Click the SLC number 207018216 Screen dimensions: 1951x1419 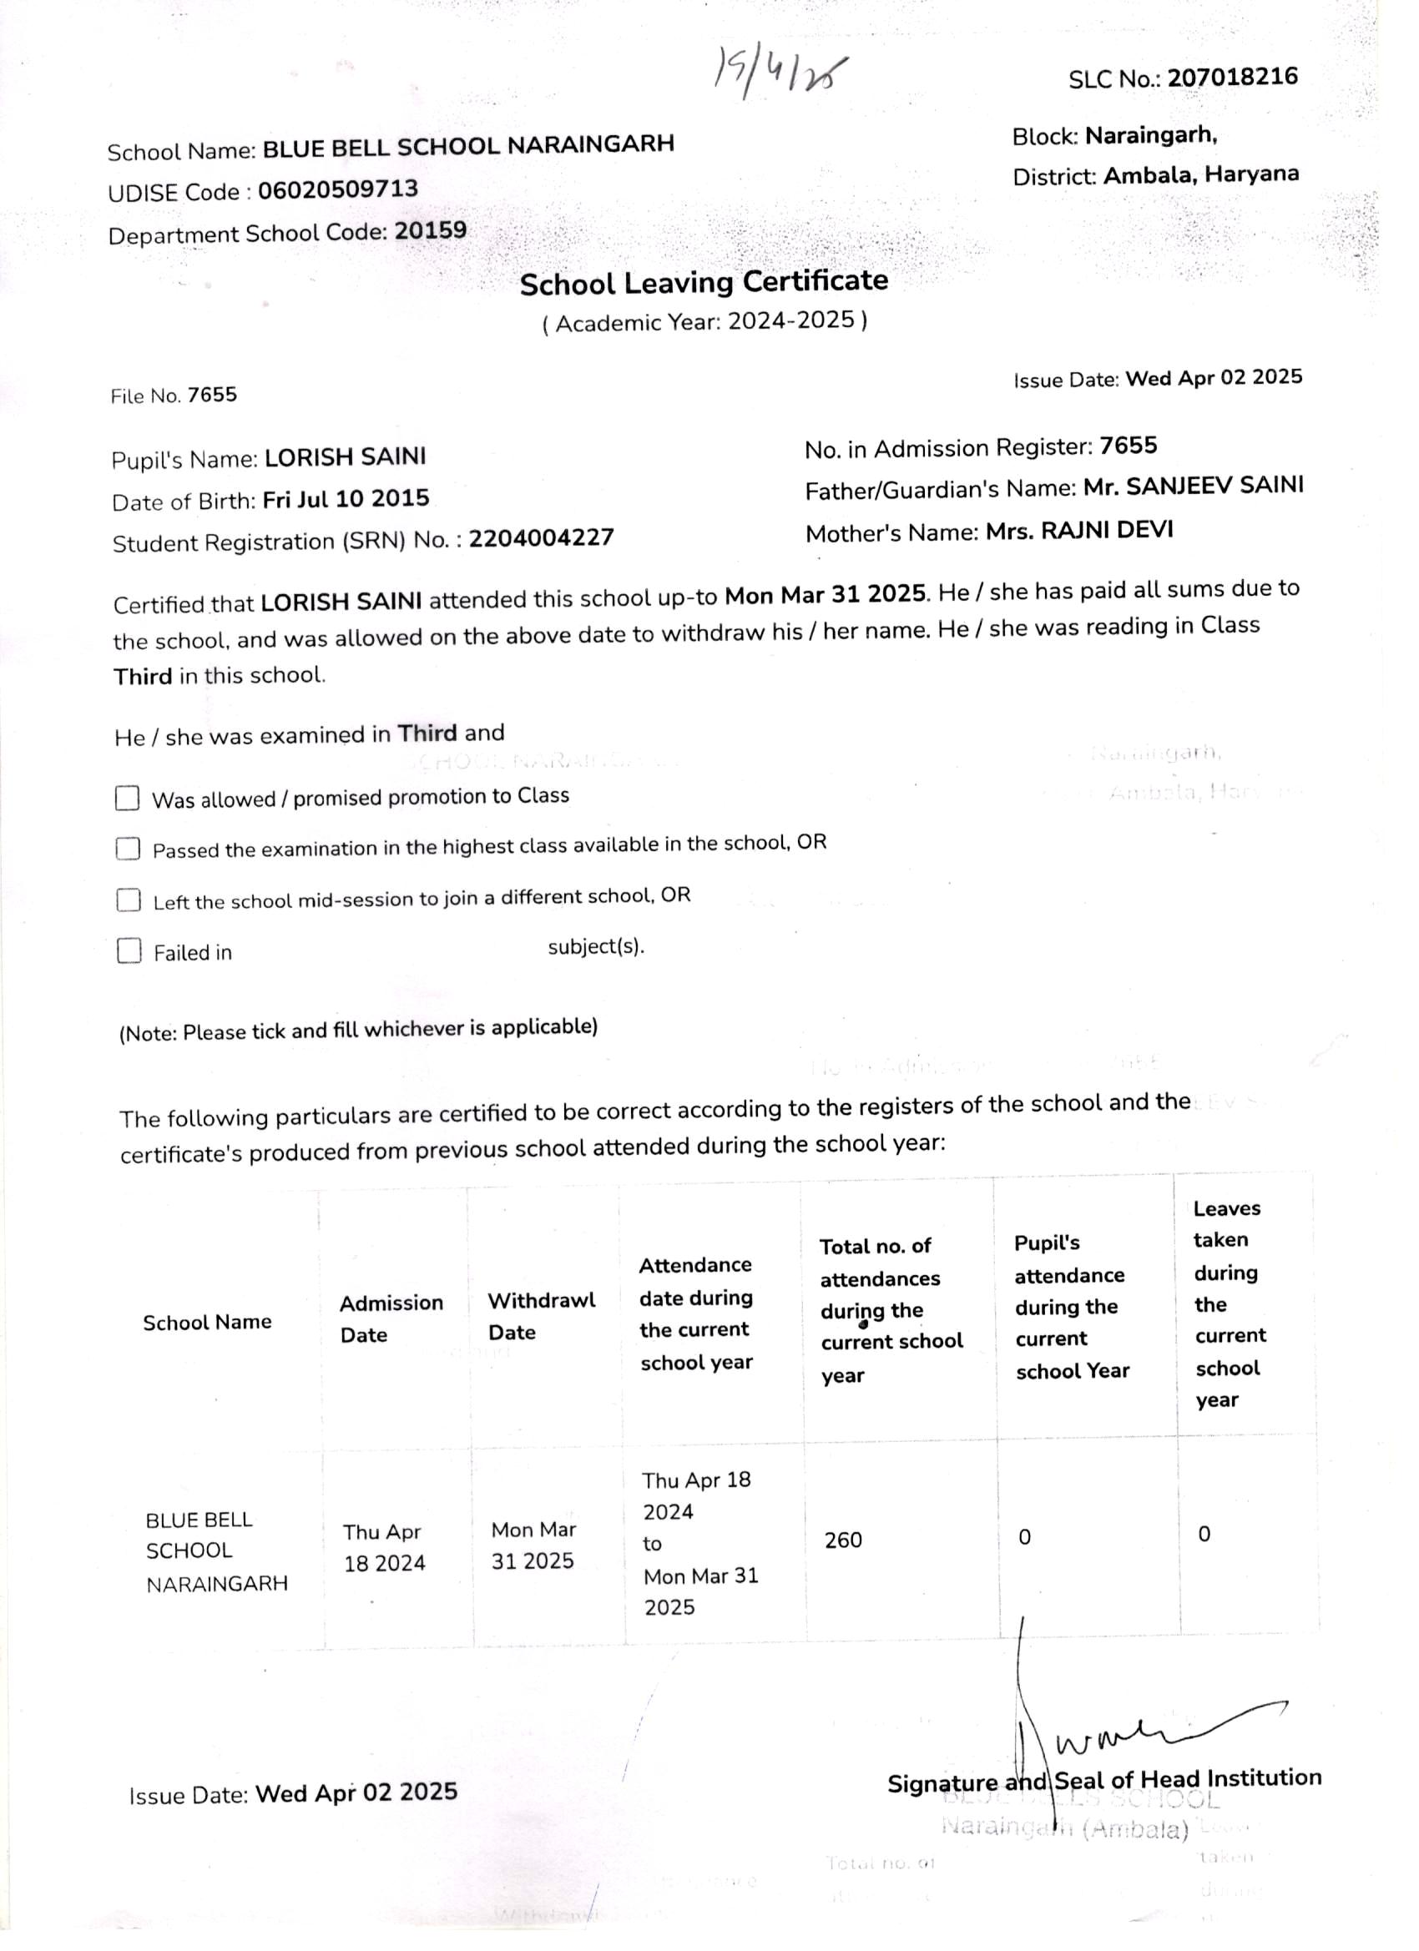tap(1231, 78)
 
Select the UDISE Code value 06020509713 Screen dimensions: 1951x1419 tap(338, 189)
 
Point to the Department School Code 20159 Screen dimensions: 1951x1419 tap(430, 230)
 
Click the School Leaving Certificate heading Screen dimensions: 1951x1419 tap(703, 282)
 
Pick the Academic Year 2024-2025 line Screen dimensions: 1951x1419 tap(704, 322)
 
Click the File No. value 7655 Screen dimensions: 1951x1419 tap(212, 395)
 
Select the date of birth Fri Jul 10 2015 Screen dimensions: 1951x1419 tap(346, 499)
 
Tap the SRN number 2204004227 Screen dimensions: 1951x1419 tap(541, 538)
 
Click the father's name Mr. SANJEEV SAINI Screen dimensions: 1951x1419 tap(1193, 486)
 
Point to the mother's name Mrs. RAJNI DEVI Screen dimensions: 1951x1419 tap(1079, 531)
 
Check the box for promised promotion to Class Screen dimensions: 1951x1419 tap(128, 799)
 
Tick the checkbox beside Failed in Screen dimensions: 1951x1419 tap(129, 950)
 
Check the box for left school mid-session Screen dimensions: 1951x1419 tap(129, 900)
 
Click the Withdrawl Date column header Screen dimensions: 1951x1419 tap(540, 1316)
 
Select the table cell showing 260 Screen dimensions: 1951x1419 tap(842, 1540)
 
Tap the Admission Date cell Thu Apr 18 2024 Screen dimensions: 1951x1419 tap(384, 1546)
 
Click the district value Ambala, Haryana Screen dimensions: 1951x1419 tap(1200, 175)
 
